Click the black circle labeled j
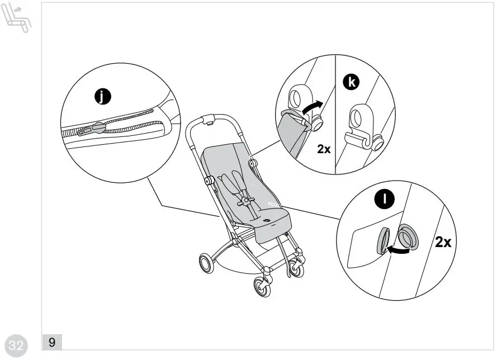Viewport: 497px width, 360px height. pos(101,97)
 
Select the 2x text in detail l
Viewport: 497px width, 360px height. pos(443,242)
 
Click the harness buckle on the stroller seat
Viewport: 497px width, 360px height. pos(244,200)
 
